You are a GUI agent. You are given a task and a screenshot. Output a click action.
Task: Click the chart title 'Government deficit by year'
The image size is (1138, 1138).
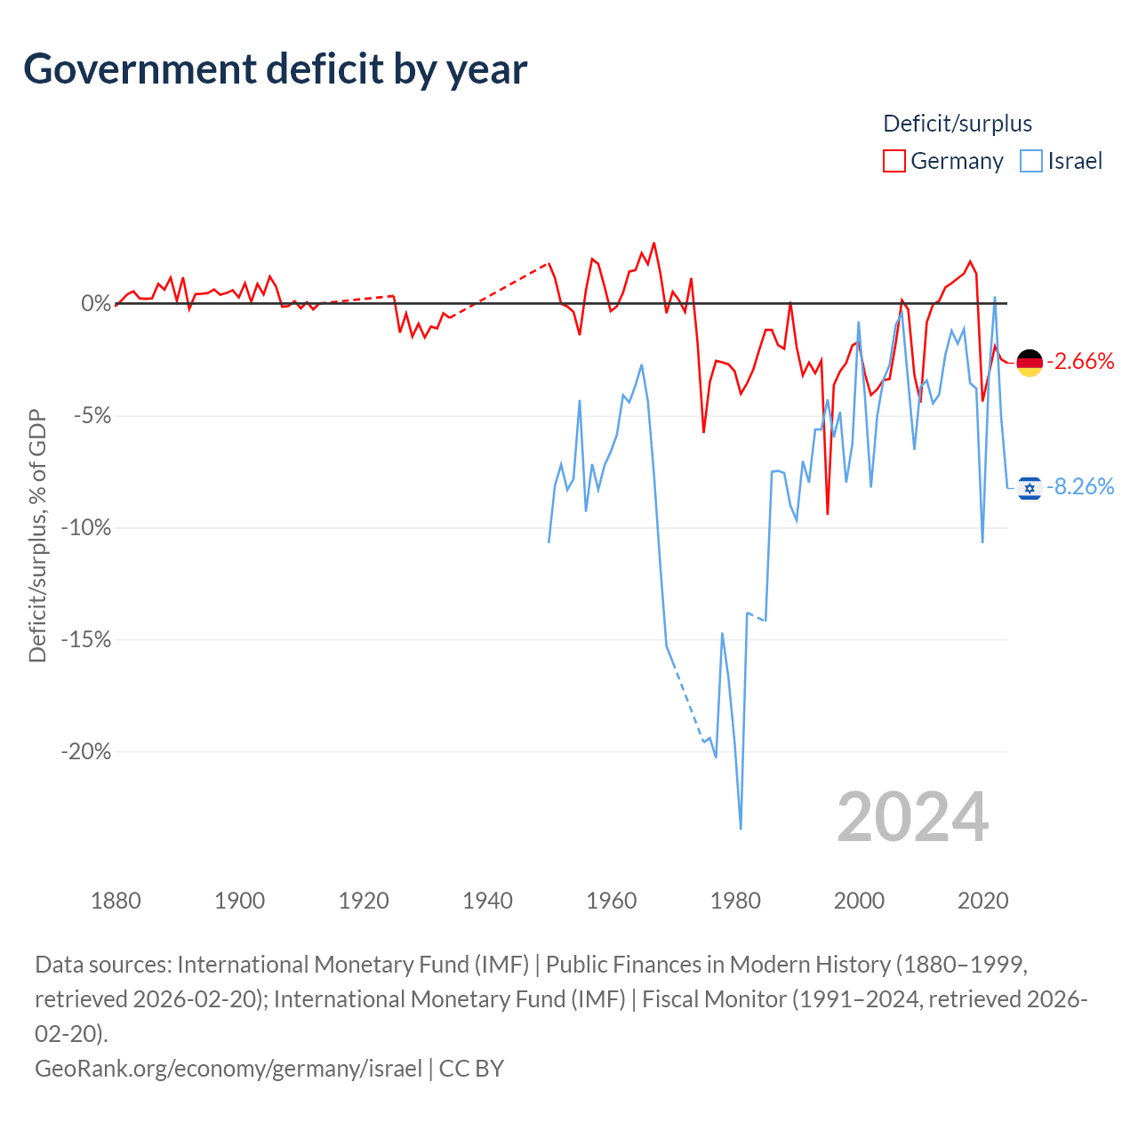pyautogui.click(x=275, y=69)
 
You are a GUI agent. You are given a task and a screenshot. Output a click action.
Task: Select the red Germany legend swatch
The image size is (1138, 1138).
pyautogui.click(x=894, y=161)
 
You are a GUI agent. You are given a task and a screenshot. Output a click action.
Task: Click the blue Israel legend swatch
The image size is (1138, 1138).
pyautogui.click(x=1030, y=161)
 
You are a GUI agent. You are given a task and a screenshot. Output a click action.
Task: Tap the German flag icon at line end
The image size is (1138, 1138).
pyautogui.click(x=1030, y=363)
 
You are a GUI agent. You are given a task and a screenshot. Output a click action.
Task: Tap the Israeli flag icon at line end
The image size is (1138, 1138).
pyautogui.click(x=1030, y=488)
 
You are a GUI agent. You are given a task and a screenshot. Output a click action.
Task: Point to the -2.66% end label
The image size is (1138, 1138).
pyautogui.click(x=1080, y=362)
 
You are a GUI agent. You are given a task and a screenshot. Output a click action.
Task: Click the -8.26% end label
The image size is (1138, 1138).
pyautogui.click(x=1080, y=486)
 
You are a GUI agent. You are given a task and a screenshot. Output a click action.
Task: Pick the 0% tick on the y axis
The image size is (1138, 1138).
pyautogui.click(x=96, y=303)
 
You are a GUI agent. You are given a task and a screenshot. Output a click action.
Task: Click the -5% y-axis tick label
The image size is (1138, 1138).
pyautogui.click(x=92, y=416)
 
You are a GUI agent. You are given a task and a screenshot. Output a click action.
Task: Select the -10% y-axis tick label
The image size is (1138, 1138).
pyautogui.click(x=86, y=527)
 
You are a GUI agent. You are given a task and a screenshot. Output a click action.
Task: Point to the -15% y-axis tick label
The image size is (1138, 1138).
pyautogui.click(x=86, y=639)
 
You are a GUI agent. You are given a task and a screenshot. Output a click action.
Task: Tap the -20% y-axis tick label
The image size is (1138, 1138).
pyautogui.click(x=86, y=752)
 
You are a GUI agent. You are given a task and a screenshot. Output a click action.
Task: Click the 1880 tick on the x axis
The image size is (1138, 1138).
pyautogui.click(x=116, y=902)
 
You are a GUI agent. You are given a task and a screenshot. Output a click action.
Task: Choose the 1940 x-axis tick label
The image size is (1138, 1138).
pyautogui.click(x=487, y=902)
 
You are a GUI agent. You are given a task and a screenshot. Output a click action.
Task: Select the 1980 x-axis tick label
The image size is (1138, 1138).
pyautogui.click(x=735, y=902)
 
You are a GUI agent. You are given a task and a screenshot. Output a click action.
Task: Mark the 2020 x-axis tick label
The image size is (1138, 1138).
pyautogui.click(x=982, y=902)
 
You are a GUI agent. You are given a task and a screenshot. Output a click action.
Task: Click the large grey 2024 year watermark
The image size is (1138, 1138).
pyautogui.click(x=912, y=817)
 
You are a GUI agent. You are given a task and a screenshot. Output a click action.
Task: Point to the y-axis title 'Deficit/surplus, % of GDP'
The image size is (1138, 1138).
pyautogui.click(x=37, y=535)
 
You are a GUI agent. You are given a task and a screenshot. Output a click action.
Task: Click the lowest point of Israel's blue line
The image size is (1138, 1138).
pyautogui.click(x=741, y=829)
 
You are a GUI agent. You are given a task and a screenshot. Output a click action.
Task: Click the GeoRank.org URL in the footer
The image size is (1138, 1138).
pyautogui.click(x=228, y=1069)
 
